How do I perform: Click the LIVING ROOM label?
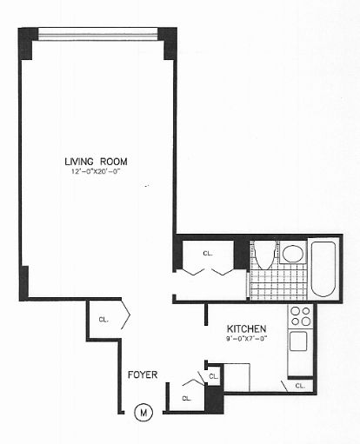(94, 160)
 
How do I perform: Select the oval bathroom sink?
(292, 254)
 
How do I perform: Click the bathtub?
(323, 268)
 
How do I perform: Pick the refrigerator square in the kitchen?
(237, 378)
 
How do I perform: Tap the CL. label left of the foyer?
(103, 320)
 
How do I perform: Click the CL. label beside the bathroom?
(208, 254)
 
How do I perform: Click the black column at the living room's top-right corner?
(168, 43)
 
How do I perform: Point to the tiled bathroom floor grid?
(277, 283)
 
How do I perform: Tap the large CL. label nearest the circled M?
(187, 399)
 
